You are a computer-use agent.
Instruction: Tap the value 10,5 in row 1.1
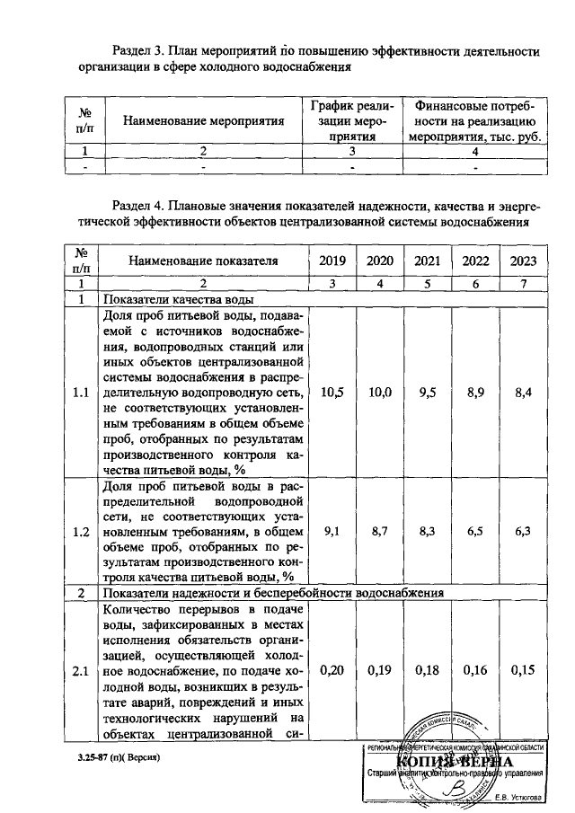pyautogui.click(x=332, y=393)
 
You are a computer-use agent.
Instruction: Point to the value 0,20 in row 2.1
pyautogui.click(x=332, y=671)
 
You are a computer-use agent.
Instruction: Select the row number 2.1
pyautogui.click(x=81, y=671)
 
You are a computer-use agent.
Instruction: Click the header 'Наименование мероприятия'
pyautogui.click(x=203, y=119)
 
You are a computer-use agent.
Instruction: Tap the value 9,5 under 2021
pyautogui.click(x=427, y=393)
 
